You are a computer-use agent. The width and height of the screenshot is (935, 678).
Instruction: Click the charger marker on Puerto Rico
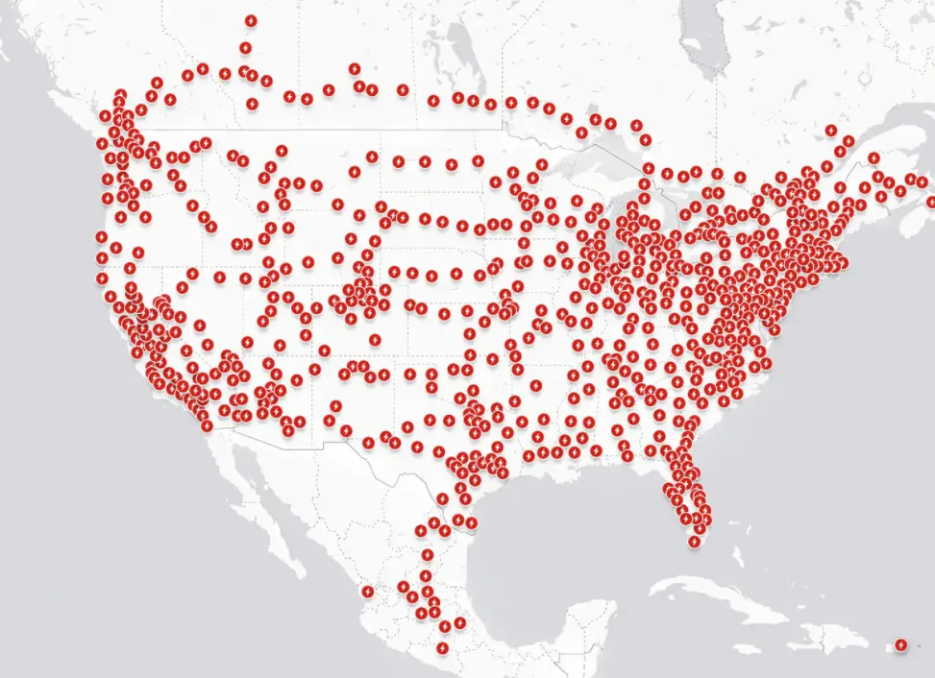(x=900, y=644)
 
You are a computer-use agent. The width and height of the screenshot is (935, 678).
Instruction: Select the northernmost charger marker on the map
(x=251, y=20)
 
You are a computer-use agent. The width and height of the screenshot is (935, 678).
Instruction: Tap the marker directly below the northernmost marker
(x=246, y=47)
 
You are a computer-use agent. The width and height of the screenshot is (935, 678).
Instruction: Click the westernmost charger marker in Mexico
(x=366, y=591)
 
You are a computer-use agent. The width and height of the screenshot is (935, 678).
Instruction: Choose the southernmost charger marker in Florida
(x=694, y=543)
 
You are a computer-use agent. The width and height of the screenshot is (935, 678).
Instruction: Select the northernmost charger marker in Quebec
(x=849, y=140)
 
